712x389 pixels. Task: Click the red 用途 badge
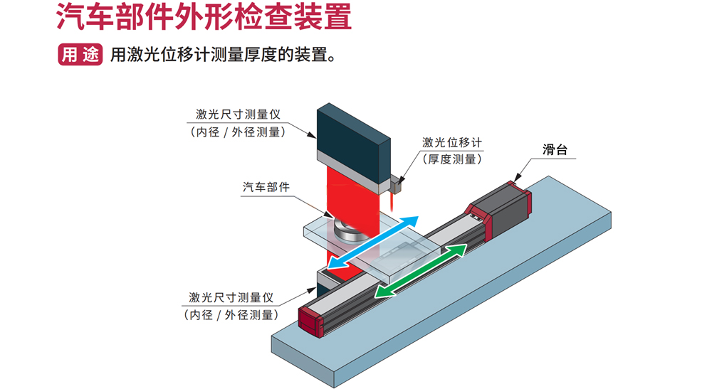pos(80,55)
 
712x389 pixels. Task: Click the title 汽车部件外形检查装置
pos(204,18)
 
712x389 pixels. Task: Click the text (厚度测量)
pos(452,159)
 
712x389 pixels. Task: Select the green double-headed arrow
pos(421,270)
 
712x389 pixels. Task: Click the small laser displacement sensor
pos(395,185)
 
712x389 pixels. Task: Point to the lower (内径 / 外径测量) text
pos(231,315)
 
